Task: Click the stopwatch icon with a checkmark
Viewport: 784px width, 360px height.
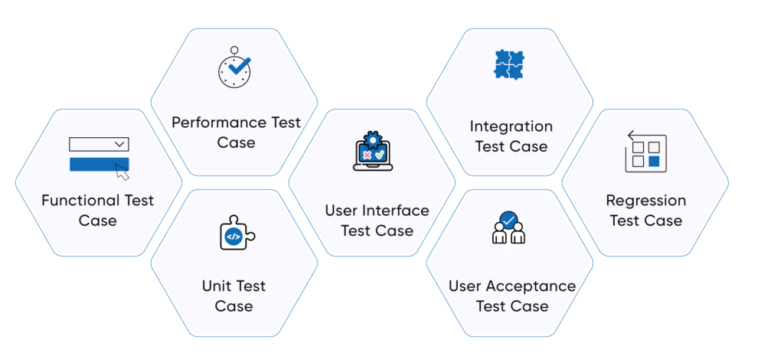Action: pyautogui.click(x=234, y=67)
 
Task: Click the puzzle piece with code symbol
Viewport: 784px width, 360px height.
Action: pyautogui.click(x=234, y=235)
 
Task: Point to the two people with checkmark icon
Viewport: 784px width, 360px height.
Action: pyautogui.click(x=508, y=228)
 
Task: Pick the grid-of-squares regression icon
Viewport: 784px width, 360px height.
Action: pyautogui.click(x=645, y=151)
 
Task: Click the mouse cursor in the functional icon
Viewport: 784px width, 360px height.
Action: pyautogui.click(x=122, y=172)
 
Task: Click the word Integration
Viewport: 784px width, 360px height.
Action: pyautogui.click(x=511, y=126)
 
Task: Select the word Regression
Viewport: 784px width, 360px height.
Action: pyautogui.click(x=645, y=201)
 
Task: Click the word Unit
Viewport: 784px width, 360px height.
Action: pyautogui.click(x=217, y=286)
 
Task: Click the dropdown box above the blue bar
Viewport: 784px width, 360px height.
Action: pyautogui.click(x=99, y=144)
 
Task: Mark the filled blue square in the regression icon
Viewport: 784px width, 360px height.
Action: pyautogui.click(x=654, y=161)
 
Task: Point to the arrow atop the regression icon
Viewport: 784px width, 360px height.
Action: pyautogui.click(x=635, y=136)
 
